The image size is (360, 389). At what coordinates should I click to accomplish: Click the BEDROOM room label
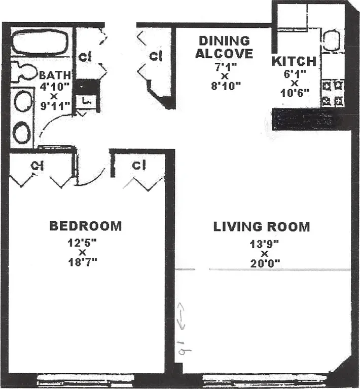point(85,225)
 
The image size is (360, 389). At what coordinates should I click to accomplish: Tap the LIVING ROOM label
point(261,226)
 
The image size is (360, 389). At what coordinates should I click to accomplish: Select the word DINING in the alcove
point(224,41)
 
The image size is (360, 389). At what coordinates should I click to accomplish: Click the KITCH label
point(294,62)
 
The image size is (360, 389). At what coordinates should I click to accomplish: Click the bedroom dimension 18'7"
point(82,262)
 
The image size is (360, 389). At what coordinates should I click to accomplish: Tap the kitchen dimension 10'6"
point(294,93)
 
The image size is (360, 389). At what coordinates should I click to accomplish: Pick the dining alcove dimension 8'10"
point(224,85)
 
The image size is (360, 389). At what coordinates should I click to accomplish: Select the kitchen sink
point(332,41)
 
